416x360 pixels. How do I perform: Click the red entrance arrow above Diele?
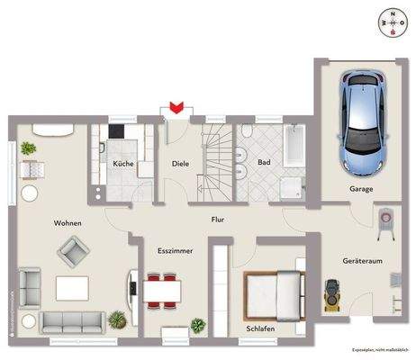coord(177,107)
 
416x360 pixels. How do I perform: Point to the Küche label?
coord(122,164)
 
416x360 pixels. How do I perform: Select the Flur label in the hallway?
coord(217,219)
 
